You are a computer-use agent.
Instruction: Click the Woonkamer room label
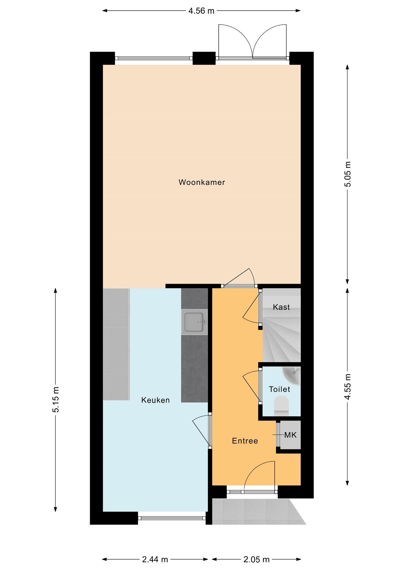[x=202, y=182]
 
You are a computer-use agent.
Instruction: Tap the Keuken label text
[x=155, y=400]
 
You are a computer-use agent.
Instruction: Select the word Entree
[x=245, y=441]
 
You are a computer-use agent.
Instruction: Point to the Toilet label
[x=279, y=389]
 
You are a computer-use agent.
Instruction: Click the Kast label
[x=281, y=307]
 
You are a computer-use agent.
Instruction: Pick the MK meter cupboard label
[x=290, y=435]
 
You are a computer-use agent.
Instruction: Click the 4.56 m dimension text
[x=202, y=11]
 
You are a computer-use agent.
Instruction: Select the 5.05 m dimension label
[x=348, y=174]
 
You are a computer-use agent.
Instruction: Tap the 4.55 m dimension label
[x=348, y=387]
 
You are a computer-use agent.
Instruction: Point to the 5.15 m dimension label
[x=56, y=400]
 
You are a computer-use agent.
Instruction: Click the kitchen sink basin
[x=194, y=322]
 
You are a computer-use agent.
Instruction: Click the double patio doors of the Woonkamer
[x=252, y=42]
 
